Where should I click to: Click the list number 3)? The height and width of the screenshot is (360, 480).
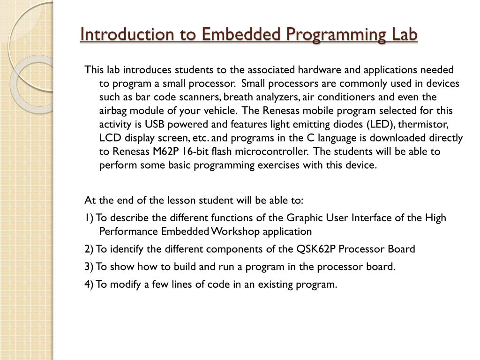click(x=89, y=267)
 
